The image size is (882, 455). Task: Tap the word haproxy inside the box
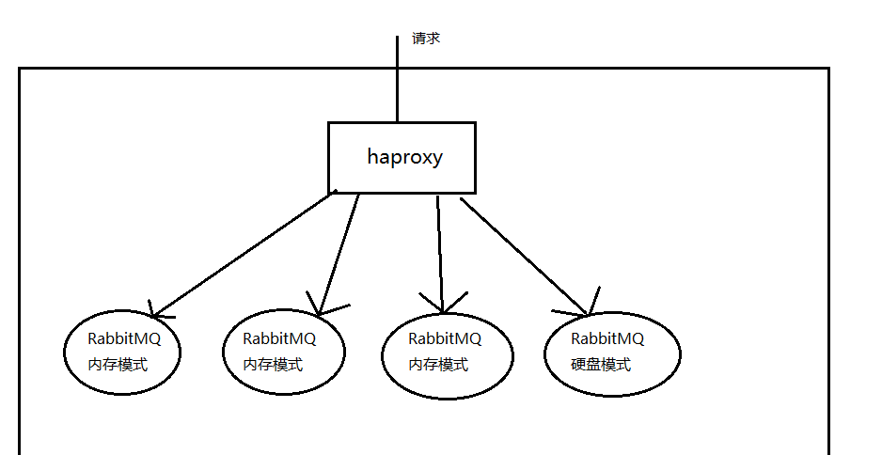pyautogui.click(x=404, y=157)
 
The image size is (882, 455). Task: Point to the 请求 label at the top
pyautogui.click(x=426, y=39)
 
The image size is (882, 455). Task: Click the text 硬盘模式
pyautogui.click(x=601, y=365)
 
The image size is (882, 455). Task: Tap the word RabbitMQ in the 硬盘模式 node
pyautogui.click(x=607, y=338)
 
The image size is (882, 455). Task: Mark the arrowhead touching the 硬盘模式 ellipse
pyautogui.click(x=585, y=311)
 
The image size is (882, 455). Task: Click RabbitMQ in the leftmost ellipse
pyautogui.click(x=124, y=338)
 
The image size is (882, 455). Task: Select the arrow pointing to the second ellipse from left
pyautogui.click(x=339, y=254)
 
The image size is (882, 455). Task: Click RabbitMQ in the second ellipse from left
pyautogui.click(x=279, y=338)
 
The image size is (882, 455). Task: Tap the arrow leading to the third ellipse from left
pyautogui.click(x=439, y=249)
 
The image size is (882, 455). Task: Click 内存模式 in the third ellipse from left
pyautogui.click(x=437, y=365)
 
